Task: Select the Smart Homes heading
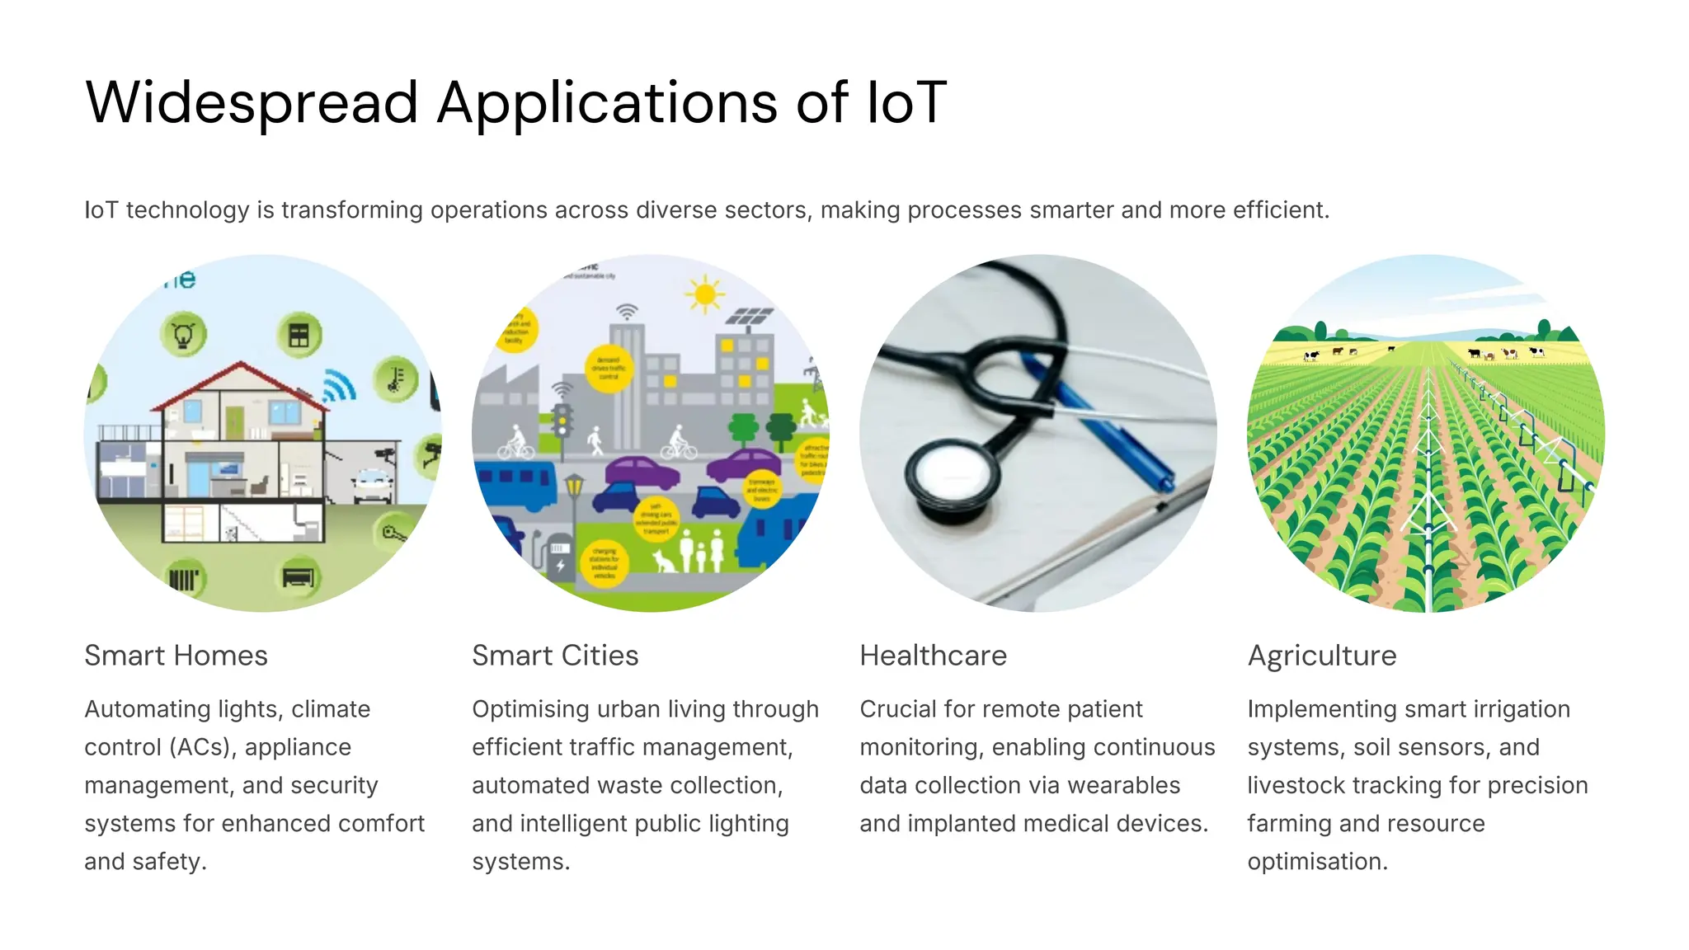[176, 656]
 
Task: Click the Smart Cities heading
[555, 656]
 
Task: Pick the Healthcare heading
[933, 656]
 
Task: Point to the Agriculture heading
[1321, 656]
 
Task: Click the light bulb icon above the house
[183, 335]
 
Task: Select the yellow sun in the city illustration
[704, 294]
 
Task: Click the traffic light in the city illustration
[563, 421]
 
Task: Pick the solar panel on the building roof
[750, 317]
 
